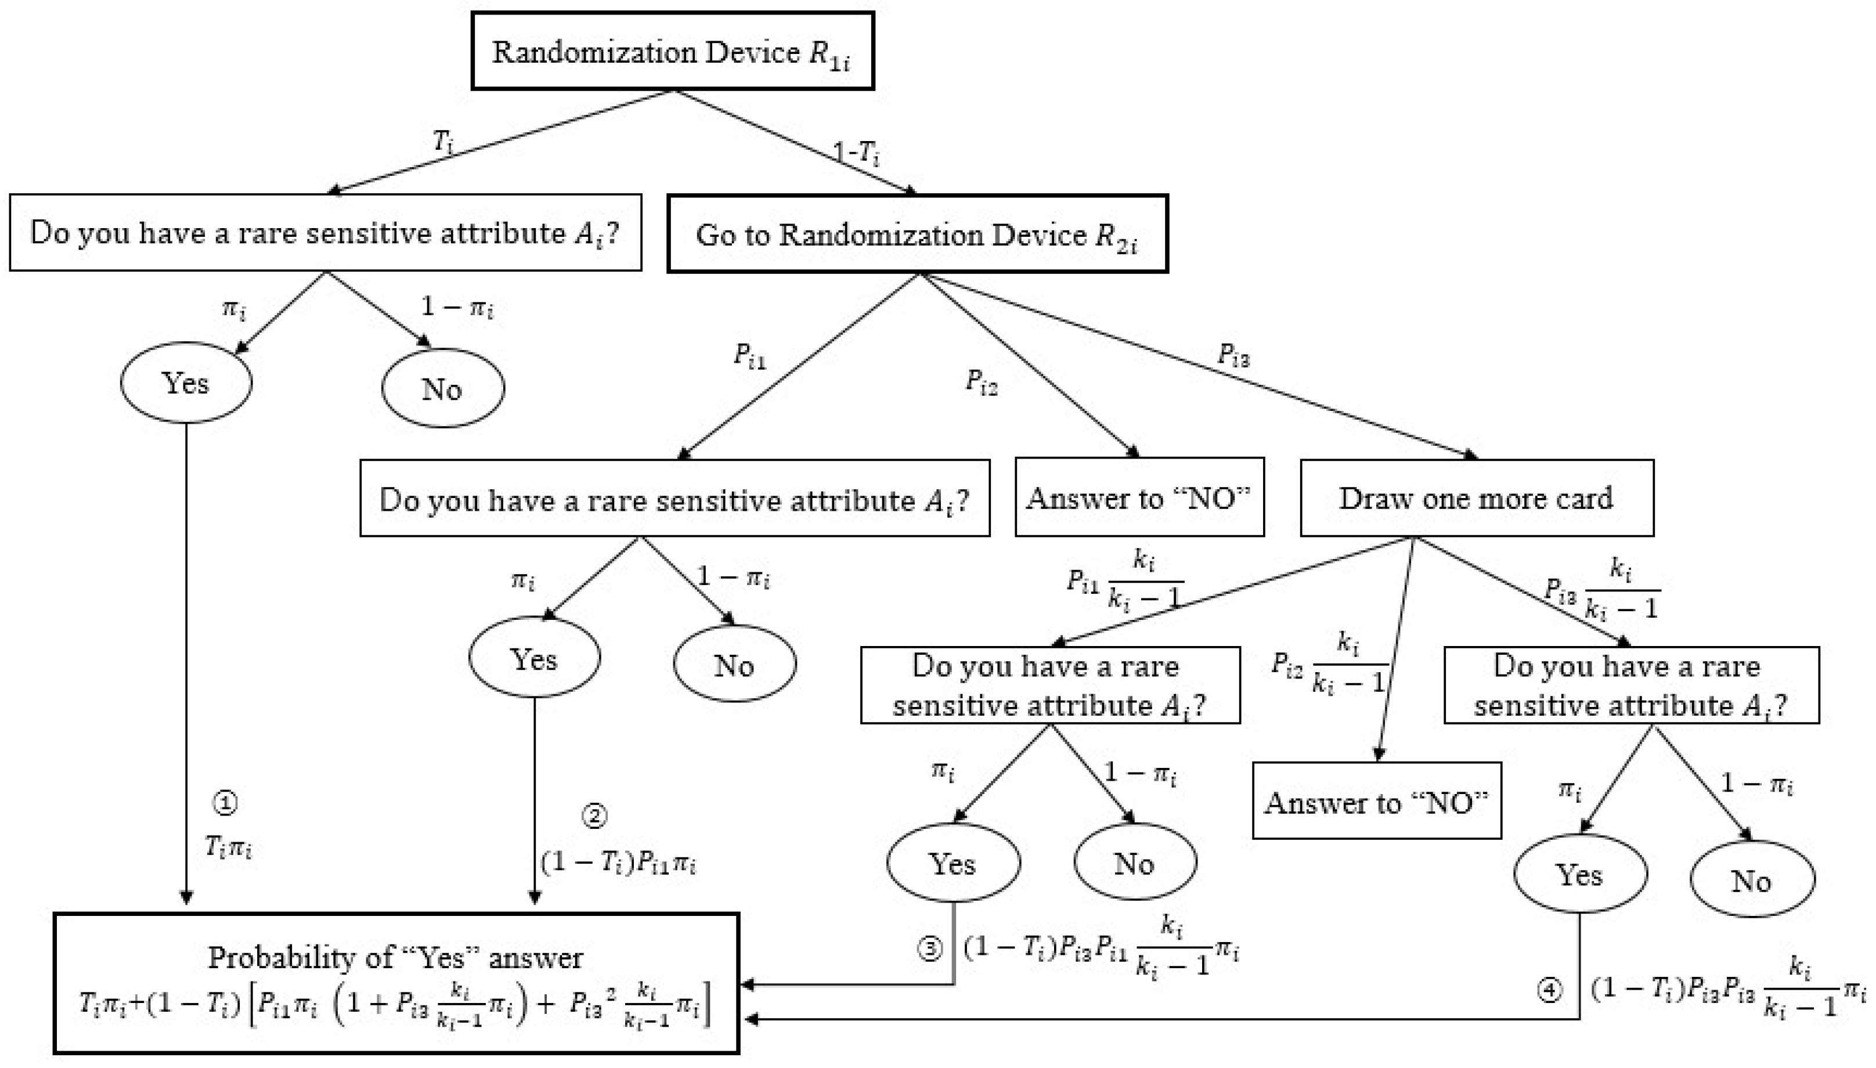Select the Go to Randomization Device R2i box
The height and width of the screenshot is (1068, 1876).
(x=917, y=234)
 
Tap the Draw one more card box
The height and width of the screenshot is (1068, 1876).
(x=1475, y=498)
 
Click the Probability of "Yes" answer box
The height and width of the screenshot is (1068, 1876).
(x=396, y=983)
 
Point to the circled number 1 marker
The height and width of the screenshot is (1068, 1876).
(x=225, y=803)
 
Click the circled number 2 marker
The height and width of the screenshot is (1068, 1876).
(x=594, y=816)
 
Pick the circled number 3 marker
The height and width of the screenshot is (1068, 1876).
(x=929, y=949)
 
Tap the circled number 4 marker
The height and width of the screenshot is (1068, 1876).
(x=1549, y=990)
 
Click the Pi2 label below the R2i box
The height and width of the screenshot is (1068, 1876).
(x=982, y=381)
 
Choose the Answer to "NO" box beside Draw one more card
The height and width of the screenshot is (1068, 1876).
(x=1139, y=498)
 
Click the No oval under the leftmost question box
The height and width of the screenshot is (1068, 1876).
(x=442, y=389)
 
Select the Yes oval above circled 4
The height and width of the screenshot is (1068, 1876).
(x=1580, y=874)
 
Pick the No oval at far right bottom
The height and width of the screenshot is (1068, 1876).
(x=1751, y=880)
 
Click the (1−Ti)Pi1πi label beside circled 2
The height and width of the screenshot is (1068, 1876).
(x=618, y=863)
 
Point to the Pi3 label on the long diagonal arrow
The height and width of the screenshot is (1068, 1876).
(x=1233, y=355)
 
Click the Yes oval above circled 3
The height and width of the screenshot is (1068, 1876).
(x=953, y=863)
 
